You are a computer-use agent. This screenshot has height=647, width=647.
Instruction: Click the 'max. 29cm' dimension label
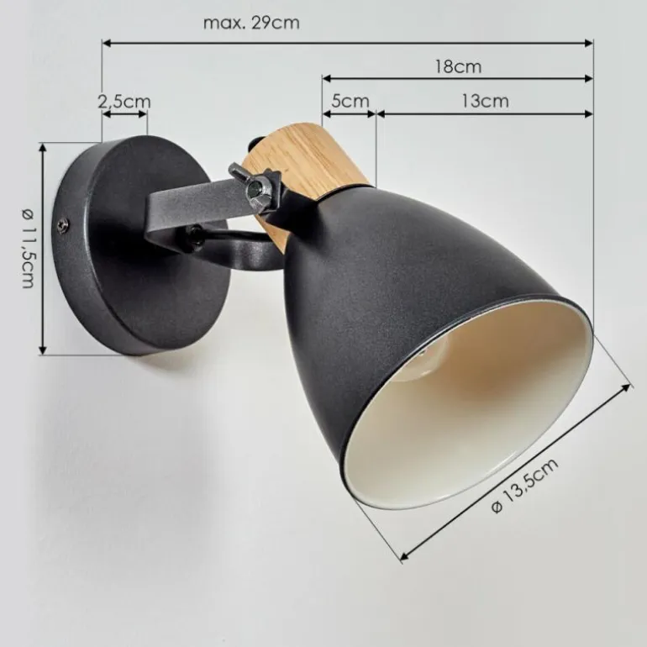pyautogui.click(x=251, y=23)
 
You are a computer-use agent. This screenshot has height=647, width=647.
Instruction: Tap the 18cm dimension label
pyautogui.click(x=459, y=66)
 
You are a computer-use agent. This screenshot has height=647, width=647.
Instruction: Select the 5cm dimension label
pyautogui.click(x=350, y=101)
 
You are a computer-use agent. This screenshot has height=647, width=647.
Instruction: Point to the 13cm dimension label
pyautogui.click(x=485, y=101)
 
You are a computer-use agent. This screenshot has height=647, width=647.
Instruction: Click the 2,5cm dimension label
pyautogui.click(x=124, y=102)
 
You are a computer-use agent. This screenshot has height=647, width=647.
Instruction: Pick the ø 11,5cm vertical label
pyautogui.click(x=29, y=249)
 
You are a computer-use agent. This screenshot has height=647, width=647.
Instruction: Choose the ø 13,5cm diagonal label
pyautogui.click(x=525, y=486)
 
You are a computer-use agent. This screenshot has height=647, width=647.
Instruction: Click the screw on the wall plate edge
pyautogui.click(x=63, y=225)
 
